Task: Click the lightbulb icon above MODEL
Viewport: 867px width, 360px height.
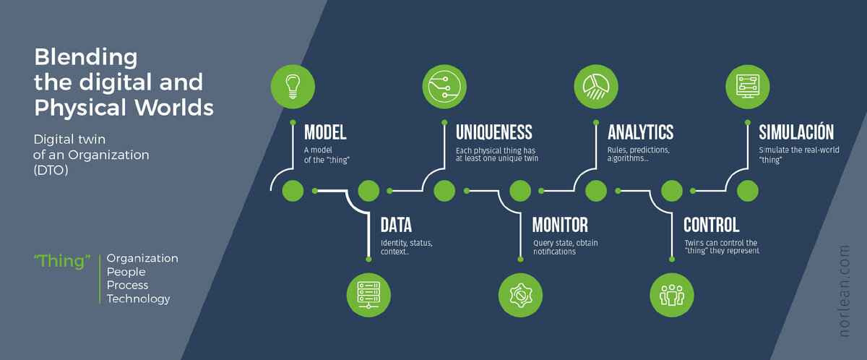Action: click(x=293, y=86)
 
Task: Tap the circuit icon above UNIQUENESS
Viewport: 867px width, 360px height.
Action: click(x=444, y=86)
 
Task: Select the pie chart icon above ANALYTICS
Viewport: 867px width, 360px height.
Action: click(x=596, y=86)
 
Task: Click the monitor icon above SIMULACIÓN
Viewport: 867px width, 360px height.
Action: click(x=747, y=86)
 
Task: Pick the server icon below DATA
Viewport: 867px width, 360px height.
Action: click(x=368, y=295)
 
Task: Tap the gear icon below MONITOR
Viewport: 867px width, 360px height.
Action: click(x=520, y=295)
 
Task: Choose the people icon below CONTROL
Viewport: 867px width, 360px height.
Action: click(x=672, y=295)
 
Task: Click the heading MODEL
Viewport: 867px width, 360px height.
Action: click(x=325, y=132)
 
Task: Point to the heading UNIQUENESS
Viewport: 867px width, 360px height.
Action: click(x=494, y=132)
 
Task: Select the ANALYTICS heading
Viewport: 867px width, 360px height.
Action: click(x=641, y=132)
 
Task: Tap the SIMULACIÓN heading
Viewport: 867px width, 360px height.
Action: click(x=796, y=132)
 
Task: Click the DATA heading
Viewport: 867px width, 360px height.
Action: click(x=396, y=225)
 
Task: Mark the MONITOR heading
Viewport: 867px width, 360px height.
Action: click(x=560, y=225)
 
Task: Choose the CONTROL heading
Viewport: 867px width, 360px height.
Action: click(x=712, y=225)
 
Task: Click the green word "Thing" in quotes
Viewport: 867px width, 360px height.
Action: click(x=62, y=261)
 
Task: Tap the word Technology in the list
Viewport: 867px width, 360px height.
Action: click(x=138, y=299)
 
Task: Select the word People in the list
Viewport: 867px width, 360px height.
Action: click(x=126, y=272)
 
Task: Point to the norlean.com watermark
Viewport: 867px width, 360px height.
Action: click(x=845, y=291)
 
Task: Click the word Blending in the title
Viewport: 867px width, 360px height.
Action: click(x=85, y=58)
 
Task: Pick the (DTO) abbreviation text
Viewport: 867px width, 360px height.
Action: click(x=51, y=171)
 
